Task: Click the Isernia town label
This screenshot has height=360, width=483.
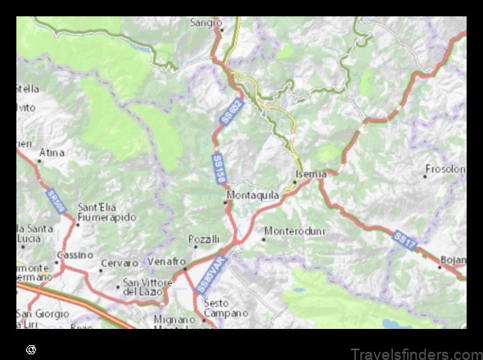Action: [x=312, y=174]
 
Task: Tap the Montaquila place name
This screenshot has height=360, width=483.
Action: [x=253, y=196]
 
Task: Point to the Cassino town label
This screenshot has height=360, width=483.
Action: [x=75, y=255]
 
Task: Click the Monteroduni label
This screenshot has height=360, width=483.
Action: [x=295, y=232]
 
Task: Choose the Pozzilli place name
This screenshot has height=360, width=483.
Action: [x=204, y=239]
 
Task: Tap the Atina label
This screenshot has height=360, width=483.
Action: [x=54, y=152]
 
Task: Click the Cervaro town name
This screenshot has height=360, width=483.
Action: [x=119, y=265]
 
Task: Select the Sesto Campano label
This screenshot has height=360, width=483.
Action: [x=225, y=308]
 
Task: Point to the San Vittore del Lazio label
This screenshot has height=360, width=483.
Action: [x=151, y=286]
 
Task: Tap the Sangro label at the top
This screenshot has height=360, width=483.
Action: [x=207, y=24]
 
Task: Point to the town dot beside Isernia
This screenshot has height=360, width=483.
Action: [x=296, y=182]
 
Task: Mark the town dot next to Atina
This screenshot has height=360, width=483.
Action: [x=38, y=160]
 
